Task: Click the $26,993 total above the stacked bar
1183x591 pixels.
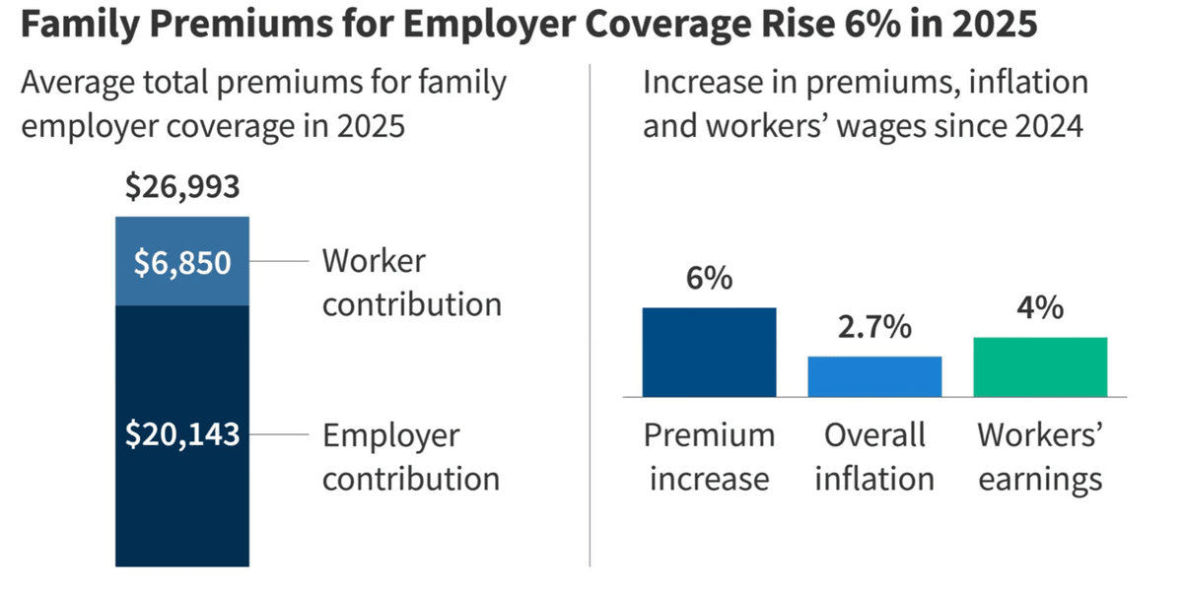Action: [x=182, y=187]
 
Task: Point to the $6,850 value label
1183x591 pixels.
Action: [x=182, y=263]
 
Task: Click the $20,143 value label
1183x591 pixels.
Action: [x=182, y=434]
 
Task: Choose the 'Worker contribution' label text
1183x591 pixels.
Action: [x=412, y=283]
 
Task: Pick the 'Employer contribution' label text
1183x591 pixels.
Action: [x=411, y=456]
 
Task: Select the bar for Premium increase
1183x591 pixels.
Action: [x=709, y=352]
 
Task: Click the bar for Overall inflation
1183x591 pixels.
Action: [x=874, y=376]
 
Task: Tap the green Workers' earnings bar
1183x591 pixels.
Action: [x=1040, y=367]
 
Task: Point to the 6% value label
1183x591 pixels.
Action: [x=709, y=278]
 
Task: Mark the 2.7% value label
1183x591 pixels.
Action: [x=874, y=327]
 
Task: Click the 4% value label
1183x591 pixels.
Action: [x=1040, y=307]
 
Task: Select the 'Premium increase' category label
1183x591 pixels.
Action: [x=709, y=457]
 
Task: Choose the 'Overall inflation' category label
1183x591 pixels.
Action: [x=874, y=457]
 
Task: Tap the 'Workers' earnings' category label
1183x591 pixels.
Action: [x=1040, y=457]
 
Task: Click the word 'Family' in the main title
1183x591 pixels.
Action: [x=80, y=25]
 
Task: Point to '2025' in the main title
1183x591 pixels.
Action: [x=995, y=24]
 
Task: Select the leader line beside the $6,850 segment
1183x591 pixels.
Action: [x=279, y=261]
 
